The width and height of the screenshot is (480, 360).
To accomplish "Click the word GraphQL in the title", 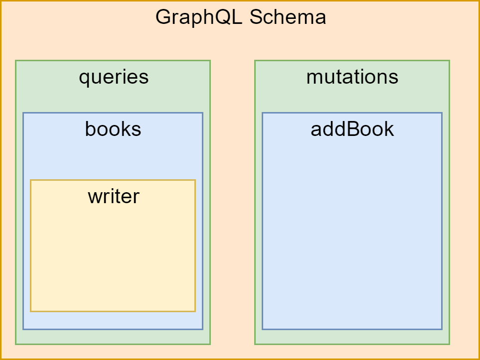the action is coord(199,17).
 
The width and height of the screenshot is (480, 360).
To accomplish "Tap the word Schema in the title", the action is coord(288,17).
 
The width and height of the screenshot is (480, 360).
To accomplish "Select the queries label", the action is coord(114,78).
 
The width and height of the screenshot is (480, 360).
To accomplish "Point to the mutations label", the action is coord(352,77).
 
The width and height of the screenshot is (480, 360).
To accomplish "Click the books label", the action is coord(113,129).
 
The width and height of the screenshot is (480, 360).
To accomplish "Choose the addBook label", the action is coord(352,129).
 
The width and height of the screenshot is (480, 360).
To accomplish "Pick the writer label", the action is coord(114,196).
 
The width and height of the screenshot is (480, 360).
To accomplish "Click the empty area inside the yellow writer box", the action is coord(113,257).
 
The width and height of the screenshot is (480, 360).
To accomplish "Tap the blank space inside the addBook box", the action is coord(352,233).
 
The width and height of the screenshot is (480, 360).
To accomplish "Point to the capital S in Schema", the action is coord(256,17).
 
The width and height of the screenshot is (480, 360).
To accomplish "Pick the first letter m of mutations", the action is coord(314,79).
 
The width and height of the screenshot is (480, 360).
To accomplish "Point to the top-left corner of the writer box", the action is coord(30,180).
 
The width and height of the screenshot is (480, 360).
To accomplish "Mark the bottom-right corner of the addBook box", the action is coord(442,330).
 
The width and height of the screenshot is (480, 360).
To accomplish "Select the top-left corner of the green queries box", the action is coord(15,61).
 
